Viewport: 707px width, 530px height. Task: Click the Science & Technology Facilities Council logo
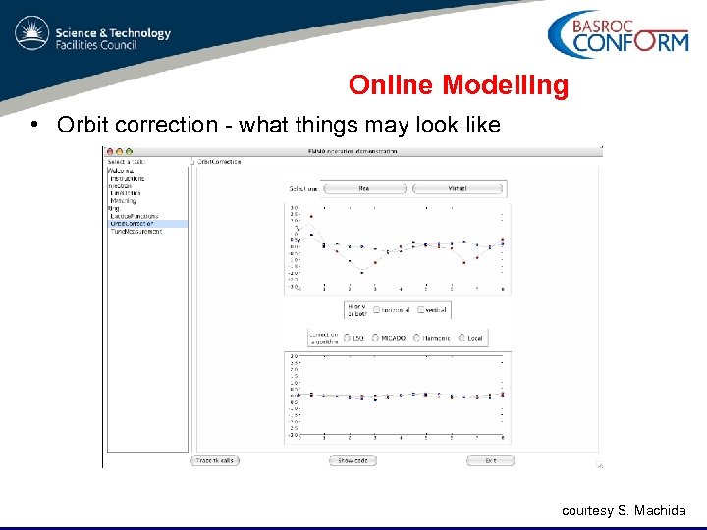[93, 37]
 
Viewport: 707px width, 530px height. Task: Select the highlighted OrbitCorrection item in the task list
[134, 224]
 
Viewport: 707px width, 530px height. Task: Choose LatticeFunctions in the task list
[136, 216]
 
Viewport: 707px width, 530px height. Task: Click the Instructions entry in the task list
[127, 178]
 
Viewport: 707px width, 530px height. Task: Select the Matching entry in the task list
[124, 200]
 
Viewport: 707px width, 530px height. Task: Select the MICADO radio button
[380, 338]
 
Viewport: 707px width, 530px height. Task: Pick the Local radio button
[462, 338]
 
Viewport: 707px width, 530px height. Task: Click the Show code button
[353, 460]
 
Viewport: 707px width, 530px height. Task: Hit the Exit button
[490, 460]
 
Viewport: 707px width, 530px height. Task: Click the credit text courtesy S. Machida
[625, 511]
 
